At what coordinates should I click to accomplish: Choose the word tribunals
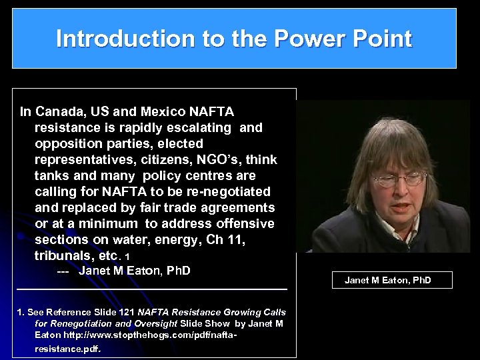pyautogui.click(x=69, y=255)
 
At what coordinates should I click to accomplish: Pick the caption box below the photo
pyautogui.click(x=392, y=280)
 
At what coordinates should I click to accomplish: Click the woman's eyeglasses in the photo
pyautogui.click(x=399, y=179)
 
